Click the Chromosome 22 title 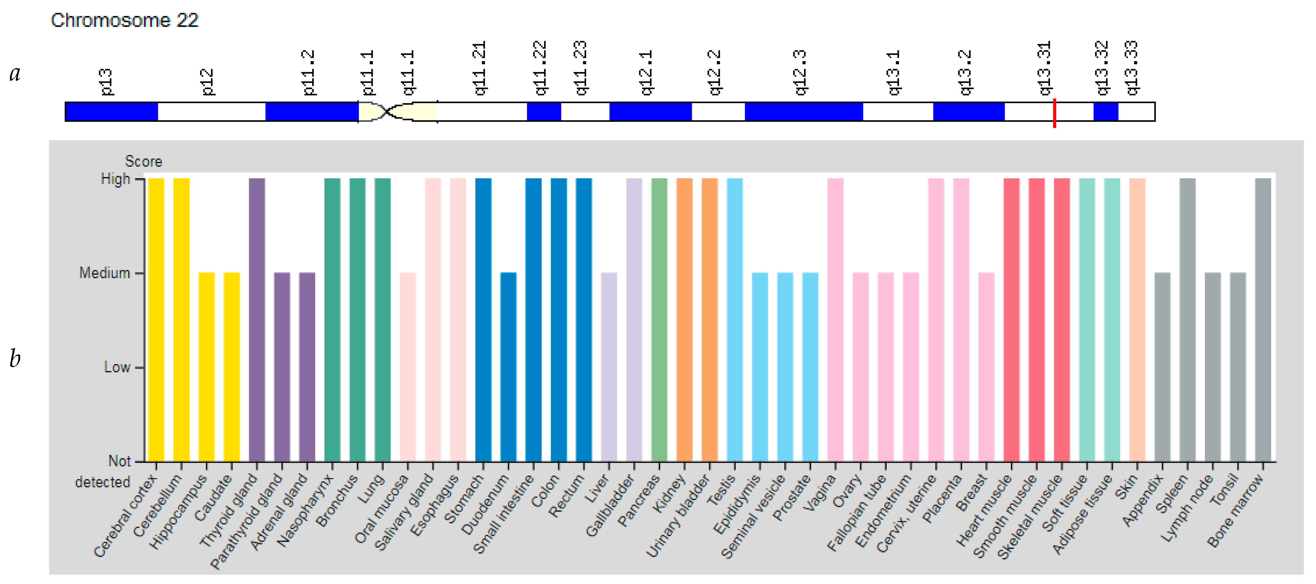point(124,21)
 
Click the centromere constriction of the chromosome point(387,111)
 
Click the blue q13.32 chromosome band point(1106,111)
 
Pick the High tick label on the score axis point(116,179)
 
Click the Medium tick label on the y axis point(105,273)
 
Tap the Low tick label point(117,367)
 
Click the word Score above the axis point(144,161)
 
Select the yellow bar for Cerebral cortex point(156,319)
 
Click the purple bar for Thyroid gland point(256,319)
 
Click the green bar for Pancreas point(659,319)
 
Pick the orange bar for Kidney point(684,319)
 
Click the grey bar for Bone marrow point(1263,319)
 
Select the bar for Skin point(1137,319)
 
